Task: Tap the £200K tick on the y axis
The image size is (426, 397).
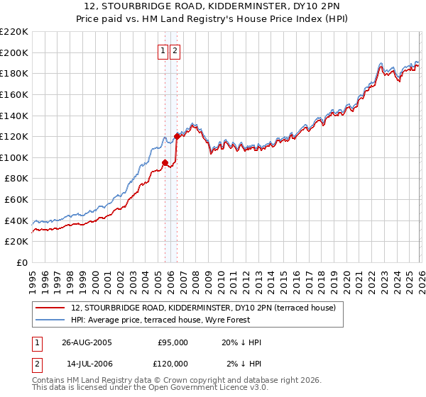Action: [x=14, y=52]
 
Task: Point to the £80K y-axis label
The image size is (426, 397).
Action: [x=16, y=179]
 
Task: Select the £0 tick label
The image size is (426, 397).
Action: [x=23, y=263]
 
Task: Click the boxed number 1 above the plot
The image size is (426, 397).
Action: [x=163, y=50]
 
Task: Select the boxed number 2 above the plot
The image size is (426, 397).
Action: [x=175, y=50]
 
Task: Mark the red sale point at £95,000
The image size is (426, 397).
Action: [x=165, y=162]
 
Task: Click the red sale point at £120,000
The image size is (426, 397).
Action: [x=176, y=136]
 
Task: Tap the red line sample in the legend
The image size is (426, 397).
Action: [x=52, y=307]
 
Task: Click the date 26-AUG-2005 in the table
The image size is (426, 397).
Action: [x=87, y=342]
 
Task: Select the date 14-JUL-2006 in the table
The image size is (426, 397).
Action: [x=87, y=364]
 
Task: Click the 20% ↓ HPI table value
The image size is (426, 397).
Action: [x=241, y=342]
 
